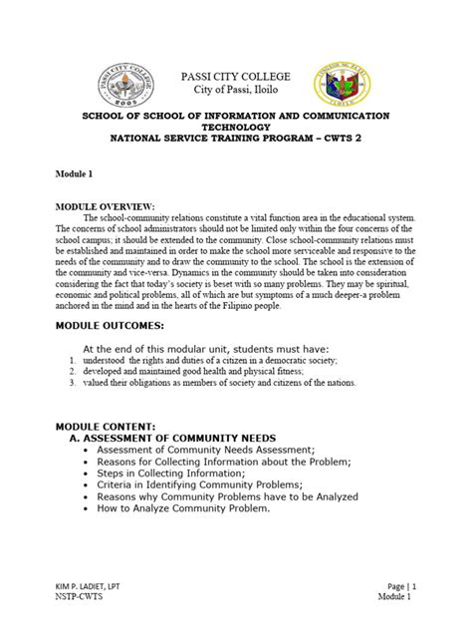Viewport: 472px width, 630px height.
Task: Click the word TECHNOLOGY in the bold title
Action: coord(235,128)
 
